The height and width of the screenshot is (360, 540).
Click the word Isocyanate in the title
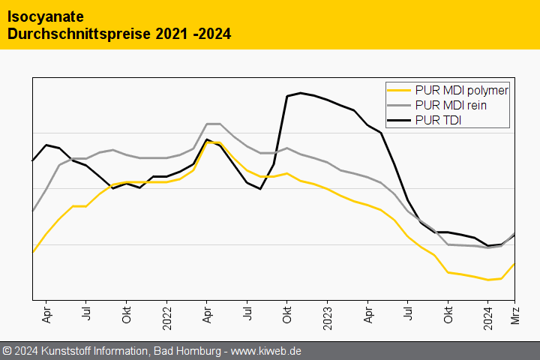[x=45, y=16]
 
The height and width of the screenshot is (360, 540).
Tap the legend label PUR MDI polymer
[x=461, y=91]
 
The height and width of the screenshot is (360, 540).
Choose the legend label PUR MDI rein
[x=450, y=106]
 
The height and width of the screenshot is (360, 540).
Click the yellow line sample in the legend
[x=399, y=91]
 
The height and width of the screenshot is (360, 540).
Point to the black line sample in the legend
[x=399, y=120]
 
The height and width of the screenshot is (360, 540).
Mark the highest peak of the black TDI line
[x=301, y=93]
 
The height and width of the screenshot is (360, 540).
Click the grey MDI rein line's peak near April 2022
[x=213, y=124]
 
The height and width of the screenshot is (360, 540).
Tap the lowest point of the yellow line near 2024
[x=488, y=280]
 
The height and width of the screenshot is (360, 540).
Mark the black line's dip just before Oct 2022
[x=260, y=189]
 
